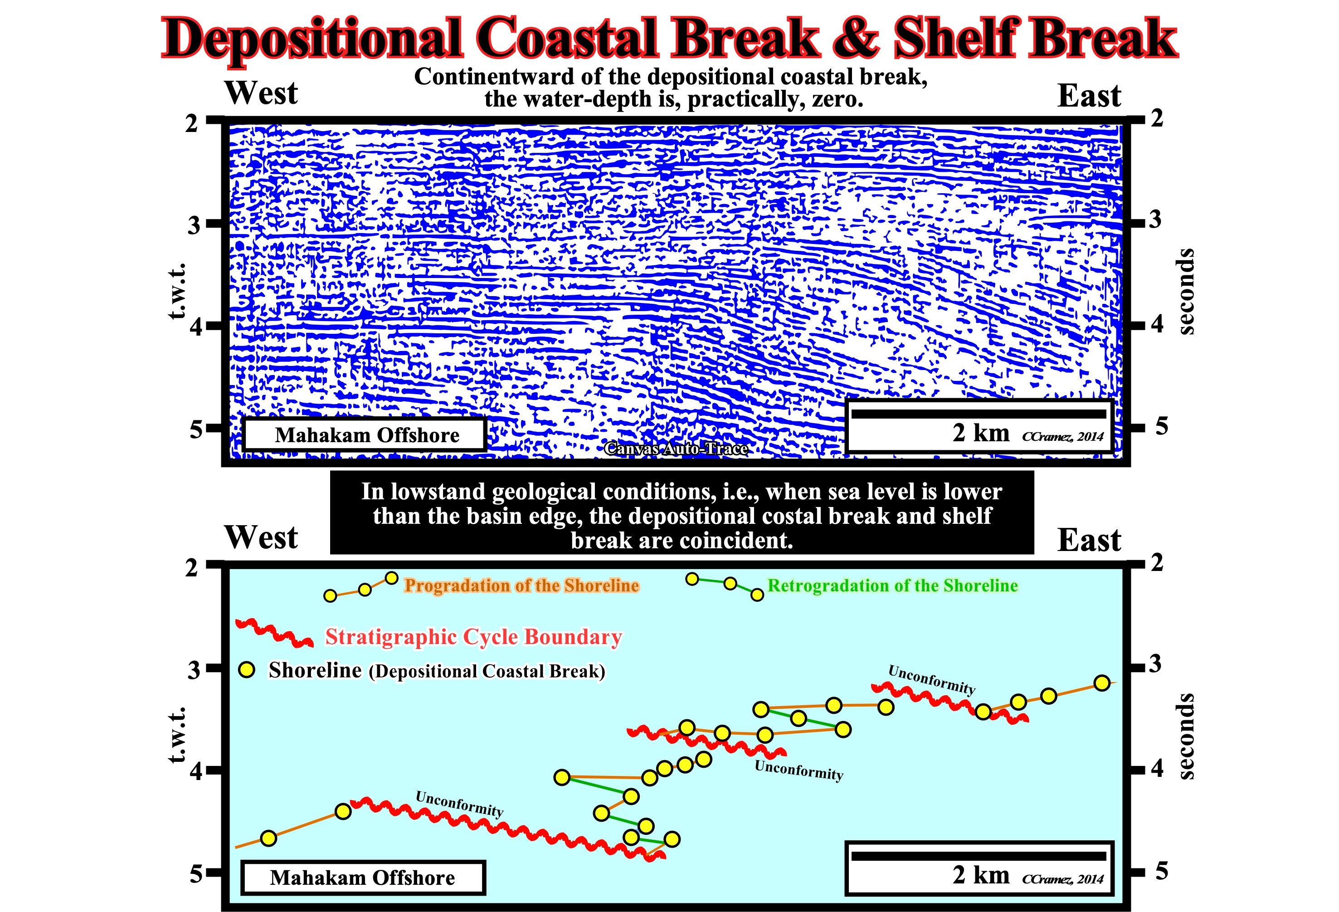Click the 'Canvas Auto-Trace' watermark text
point(676,448)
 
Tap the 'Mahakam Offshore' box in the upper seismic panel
point(365,435)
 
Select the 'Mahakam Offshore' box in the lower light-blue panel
point(363,878)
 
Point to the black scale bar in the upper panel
point(979,414)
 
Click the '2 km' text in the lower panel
point(981,874)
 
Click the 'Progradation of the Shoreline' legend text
point(521,585)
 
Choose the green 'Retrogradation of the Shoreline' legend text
point(892,585)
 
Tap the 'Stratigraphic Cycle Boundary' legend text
point(473,637)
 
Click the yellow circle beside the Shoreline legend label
point(247,669)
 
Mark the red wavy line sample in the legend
point(274,633)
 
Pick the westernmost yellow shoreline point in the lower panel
point(268,838)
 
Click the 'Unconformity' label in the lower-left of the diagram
point(459,803)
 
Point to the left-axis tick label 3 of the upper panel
point(194,224)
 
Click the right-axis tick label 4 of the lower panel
point(1157,769)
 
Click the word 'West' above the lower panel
point(261,537)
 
